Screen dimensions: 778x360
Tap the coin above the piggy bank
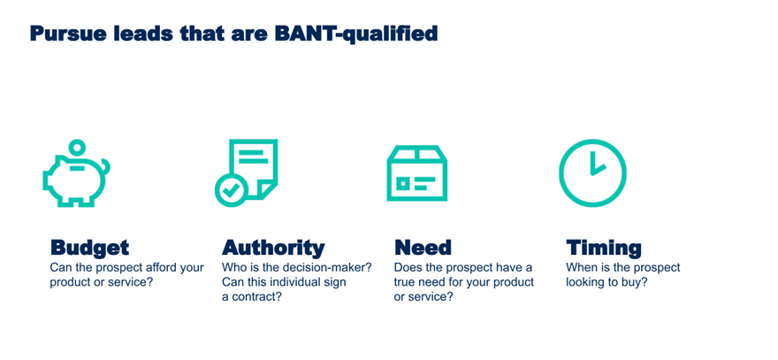click(x=77, y=147)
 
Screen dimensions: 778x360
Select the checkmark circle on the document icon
click(x=231, y=190)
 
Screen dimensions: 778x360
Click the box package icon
click(x=416, y=173)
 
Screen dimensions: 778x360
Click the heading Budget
click(x=89, y=248)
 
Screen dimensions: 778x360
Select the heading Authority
click(x=273, y=248)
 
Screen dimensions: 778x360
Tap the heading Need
click(x=423, y=248)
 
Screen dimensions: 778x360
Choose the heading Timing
click(x=603, y=248)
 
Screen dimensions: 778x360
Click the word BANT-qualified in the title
click(x=355, y=34)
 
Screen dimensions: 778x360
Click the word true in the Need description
click(x=403, y=282)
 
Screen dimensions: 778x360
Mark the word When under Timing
click(x=579, y=268)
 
